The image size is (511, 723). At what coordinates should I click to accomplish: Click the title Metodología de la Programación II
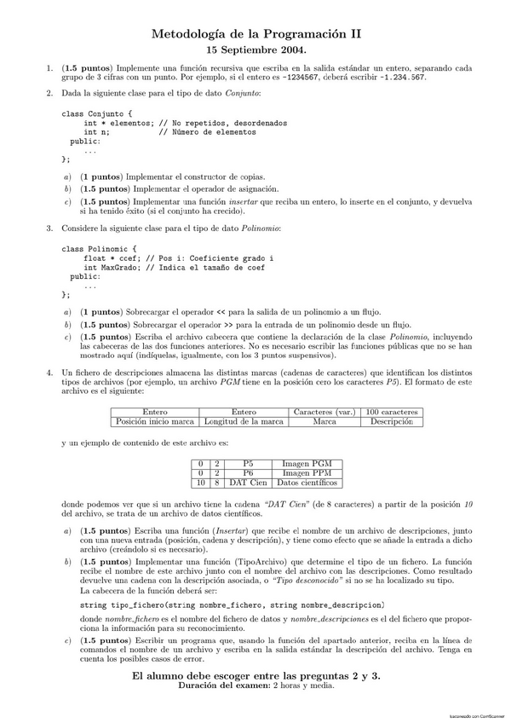[255, 33]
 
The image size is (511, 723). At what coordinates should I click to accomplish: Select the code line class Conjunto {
[96, 113]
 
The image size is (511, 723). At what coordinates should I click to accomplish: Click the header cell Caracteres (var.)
[323, 412]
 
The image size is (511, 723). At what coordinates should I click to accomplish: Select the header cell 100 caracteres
[392, 412]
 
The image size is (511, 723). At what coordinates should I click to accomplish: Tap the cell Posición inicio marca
[154, 421]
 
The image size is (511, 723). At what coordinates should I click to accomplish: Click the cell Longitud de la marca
[243, 421]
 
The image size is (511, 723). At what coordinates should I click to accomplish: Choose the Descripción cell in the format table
[392, 421]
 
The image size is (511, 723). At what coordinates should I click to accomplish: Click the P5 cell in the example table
[248, 462]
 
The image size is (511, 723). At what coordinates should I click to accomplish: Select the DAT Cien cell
[248, 482]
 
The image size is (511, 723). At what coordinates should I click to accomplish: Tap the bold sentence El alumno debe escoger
[255, 675]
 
